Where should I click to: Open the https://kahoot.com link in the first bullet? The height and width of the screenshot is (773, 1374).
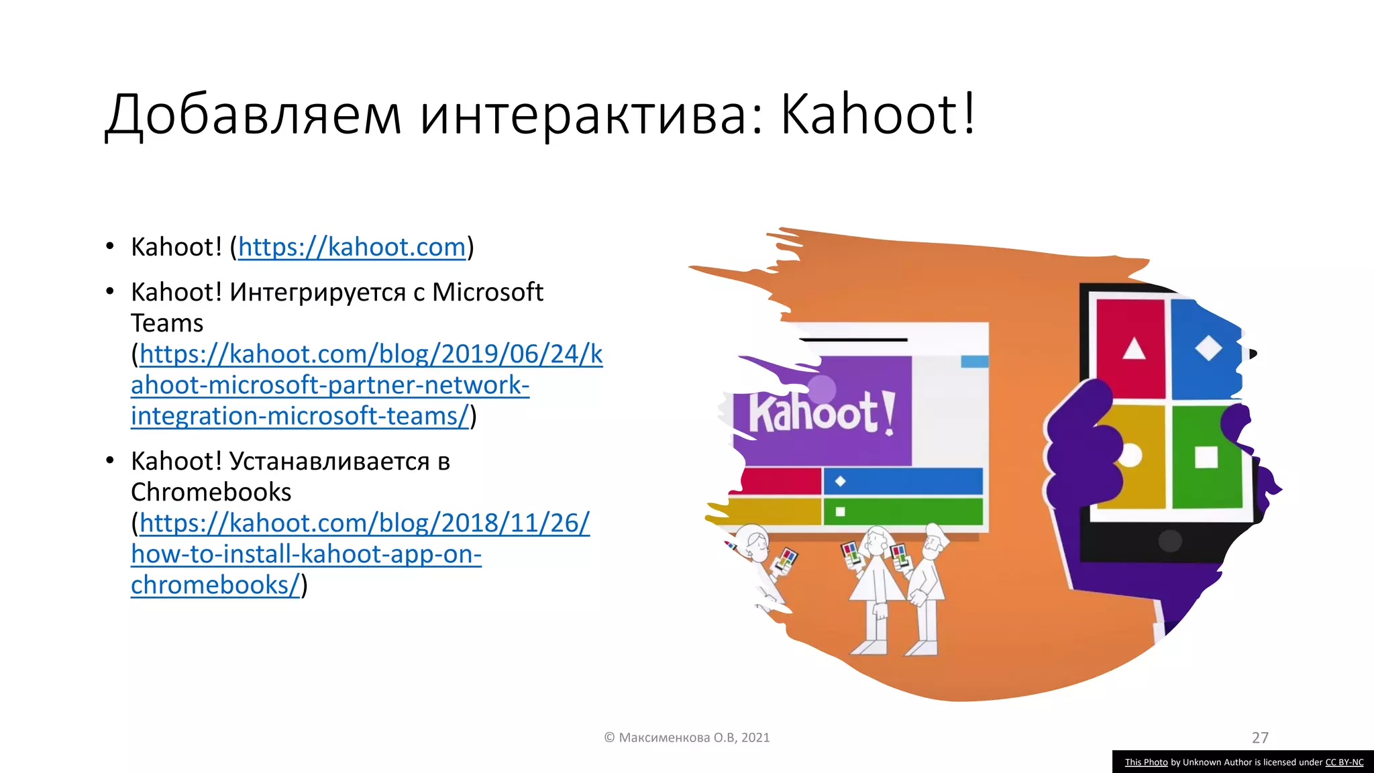[352, 247]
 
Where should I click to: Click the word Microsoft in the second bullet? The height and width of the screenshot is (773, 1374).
[487, 292]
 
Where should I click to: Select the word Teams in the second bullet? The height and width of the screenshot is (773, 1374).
[167, 323]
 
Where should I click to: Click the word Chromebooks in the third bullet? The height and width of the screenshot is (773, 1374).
[211, 492]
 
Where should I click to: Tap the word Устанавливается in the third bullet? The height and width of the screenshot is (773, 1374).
[329, 461]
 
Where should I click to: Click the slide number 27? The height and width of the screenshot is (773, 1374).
[1260, 737]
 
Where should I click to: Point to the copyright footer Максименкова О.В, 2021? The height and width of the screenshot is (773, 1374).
[687, 737]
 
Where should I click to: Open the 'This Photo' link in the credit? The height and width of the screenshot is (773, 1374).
[1146, 762]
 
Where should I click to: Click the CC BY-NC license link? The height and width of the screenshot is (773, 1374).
[1344, 762]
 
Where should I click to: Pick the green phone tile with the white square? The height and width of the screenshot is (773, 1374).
[1206, 457]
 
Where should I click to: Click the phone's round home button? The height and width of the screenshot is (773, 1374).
[1170, 541]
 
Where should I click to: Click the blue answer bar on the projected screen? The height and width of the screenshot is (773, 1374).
[902, 481]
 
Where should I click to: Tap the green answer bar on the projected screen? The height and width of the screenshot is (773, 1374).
[902, 512]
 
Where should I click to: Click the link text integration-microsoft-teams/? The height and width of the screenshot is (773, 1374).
[300, 416]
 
